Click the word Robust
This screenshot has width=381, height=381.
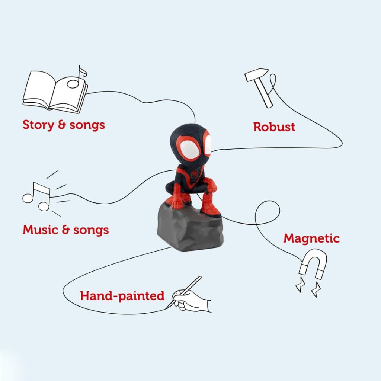pyautogui.click(x=274, y=127)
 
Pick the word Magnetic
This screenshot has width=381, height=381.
pyautogui.click(x=311, y=238)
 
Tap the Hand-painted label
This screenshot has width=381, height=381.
pyautogui.click(x=122, y=296)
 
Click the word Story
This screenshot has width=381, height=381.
pyautogui.click(x=38, y=125)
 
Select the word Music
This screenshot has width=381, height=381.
pyautogui.click(x=41, y=230)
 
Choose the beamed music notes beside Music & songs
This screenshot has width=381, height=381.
pyautogui.click(x=36, y=196)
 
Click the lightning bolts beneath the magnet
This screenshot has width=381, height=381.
pyautogui.click(x=308, y=287)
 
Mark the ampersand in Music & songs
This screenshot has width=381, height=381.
pyautogui.click(x=66, y=230)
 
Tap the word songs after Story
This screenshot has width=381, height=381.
pyautogui.click(x=87, y=125)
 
